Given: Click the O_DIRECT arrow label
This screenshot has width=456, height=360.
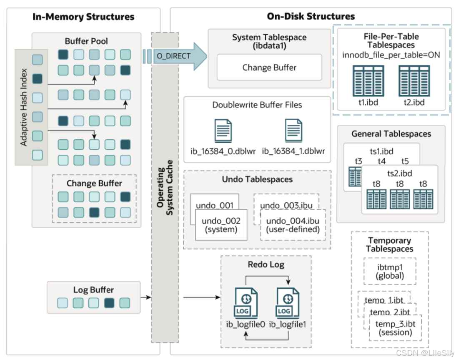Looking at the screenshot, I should [x=173, y=55].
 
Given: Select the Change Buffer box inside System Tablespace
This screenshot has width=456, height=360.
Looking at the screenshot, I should [x=269, y=67].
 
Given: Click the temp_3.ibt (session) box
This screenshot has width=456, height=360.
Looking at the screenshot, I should [x=395, y=327].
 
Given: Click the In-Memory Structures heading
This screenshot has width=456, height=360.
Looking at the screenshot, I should [x=83, y=17].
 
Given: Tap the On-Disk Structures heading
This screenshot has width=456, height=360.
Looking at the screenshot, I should [x=311, y=17].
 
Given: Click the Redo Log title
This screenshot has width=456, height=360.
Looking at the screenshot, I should [x=266, y=264].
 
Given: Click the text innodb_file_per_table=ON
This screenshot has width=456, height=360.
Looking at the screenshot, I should [x=391, y=55].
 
